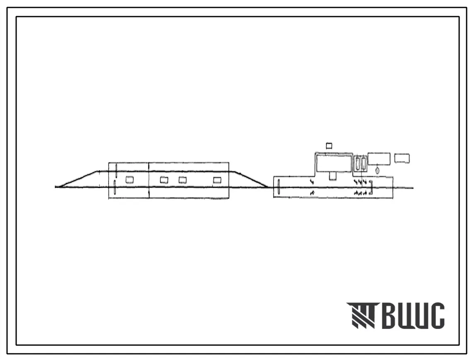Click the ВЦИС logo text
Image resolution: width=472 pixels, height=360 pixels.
tap(413, 315)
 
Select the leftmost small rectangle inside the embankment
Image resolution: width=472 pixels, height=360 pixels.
tap(130, 180)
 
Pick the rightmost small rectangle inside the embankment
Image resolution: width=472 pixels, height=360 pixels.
tap(217, 180)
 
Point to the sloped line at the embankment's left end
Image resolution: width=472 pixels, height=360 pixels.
tap(77, 179)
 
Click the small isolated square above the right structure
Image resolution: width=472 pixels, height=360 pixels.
tap(329, 146)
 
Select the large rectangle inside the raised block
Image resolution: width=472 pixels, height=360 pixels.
tap(334, 163)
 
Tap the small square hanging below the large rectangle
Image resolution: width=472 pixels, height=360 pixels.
tap(333, 176)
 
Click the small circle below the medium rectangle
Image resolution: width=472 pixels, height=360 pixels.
tap(378, 171)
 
